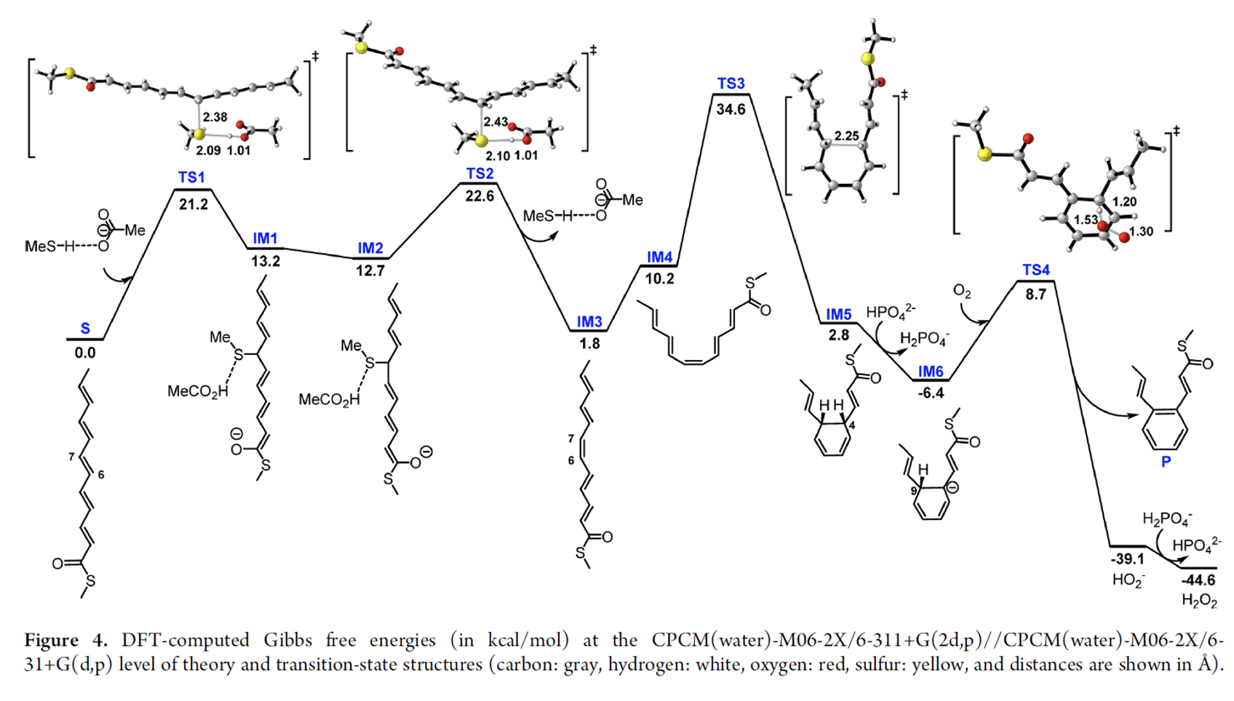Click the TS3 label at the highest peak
point(731,84)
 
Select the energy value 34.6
point(731,109)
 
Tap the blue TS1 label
point(191,177)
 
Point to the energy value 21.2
point(194,204)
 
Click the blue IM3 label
point(589,321)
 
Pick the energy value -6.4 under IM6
point(931,393)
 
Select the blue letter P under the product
point(1166,462)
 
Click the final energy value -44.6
point(1198,580)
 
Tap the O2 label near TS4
point(962,292)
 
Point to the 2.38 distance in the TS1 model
point(215,117)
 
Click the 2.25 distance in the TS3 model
point(846,135)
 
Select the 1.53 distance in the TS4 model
point(1086,219)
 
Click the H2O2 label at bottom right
point(1199,600)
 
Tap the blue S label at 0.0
point(85,329)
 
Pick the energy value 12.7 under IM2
point(370,271)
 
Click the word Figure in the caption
point(51,641)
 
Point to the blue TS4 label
point(1035,270)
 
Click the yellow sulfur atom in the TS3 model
point(867,59)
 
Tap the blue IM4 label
point(659,257)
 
